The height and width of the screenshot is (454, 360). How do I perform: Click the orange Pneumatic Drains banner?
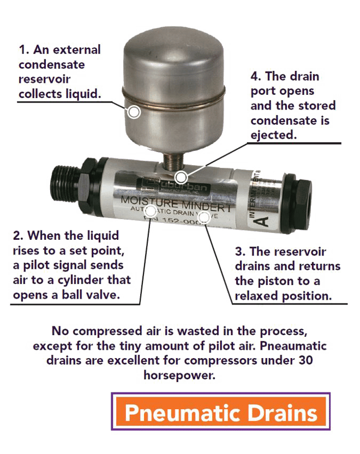point(220,412)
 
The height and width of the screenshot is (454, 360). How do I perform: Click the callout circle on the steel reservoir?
point(134,112)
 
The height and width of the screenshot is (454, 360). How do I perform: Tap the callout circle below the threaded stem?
point(181,177)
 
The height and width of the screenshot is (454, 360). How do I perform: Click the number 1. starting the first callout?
point(24,50)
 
